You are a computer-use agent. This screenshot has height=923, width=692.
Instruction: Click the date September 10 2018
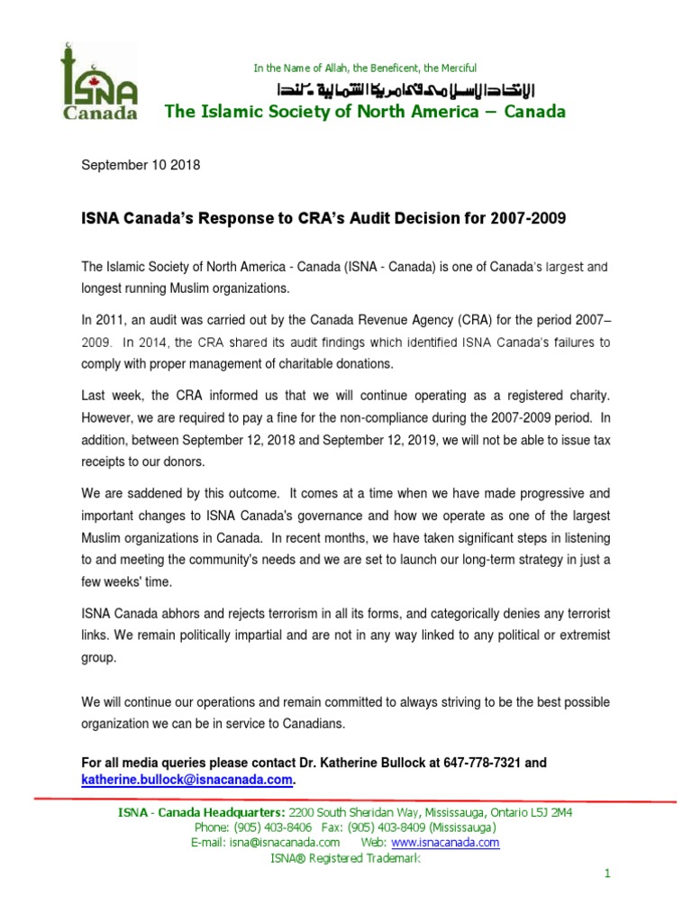click(x=141, y=165)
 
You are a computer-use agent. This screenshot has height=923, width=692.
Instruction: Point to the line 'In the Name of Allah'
click(x=364, y=69)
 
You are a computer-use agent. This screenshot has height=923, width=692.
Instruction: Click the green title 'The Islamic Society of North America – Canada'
click(x=364, y=113)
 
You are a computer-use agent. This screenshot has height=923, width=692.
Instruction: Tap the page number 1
click(x=607, y=874)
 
